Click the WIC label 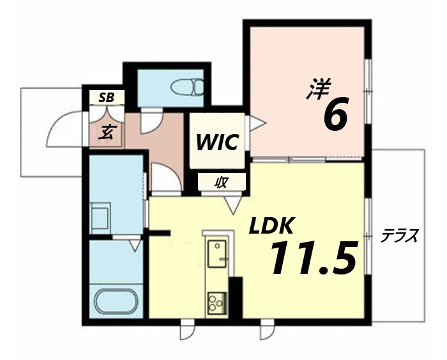pos(217,141)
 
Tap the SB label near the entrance pos(106,98)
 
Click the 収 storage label pos(222,182)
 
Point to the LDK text pos(271,226)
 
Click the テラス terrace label pos(400,236)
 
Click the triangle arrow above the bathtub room pos(135,243)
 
